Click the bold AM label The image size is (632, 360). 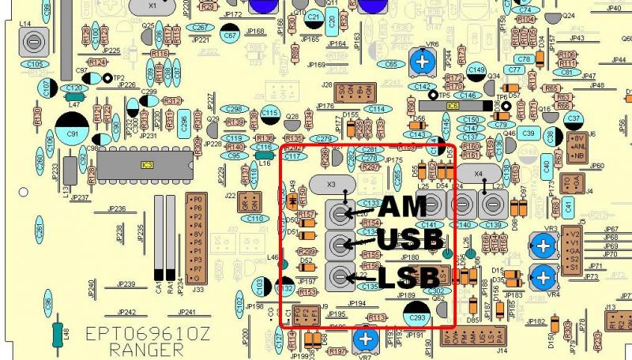[x=403, y=208]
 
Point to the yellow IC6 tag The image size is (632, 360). [x=453, y=105]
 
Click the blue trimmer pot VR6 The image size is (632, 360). [x=424, y=62]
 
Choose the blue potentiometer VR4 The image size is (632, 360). [x=542, y=277]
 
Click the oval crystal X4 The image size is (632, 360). [x=478, y=172]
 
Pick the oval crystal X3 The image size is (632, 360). [x=330, y=183]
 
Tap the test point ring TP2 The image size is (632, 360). [x=108, y=79]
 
